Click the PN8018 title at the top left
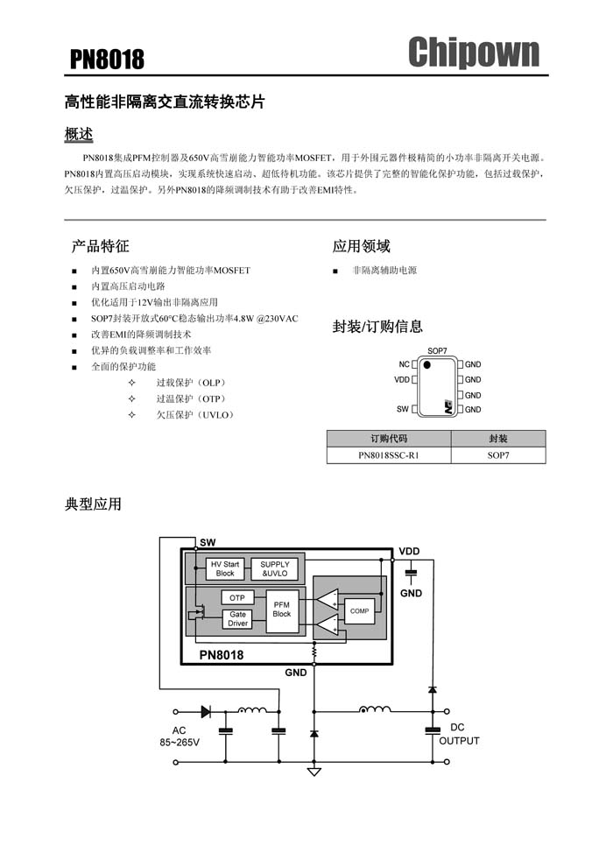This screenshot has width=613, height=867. pyautogui.click(x=107, y=60)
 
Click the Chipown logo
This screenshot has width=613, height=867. pyautogui.click(x=474, y=52)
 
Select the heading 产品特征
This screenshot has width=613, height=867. pyautogui.click(x=100, y=246)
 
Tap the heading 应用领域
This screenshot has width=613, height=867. pyautogui.click(x=362, y=246)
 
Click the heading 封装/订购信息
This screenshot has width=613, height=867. pyautogui.click(x=377, y=327)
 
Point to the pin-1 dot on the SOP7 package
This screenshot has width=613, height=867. pyautogui.click(x=426, y=365)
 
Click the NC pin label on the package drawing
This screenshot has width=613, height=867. pyautogui.click(x=404, y=364)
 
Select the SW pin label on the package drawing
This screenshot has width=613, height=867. pyautogui.click(x=403, y=409)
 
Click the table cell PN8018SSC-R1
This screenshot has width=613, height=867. pyautogui.click(x=389, y=455)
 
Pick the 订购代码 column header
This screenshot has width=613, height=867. pyautogui.click(x=389, y=439)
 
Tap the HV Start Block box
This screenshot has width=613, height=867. pyautogui.click(x=225, y=568)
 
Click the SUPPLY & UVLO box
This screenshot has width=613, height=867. pyautogui.click(x=275, y=568)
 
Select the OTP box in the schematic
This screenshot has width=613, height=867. pyautogui.click(x=237, y=598)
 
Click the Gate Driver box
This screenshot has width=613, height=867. pyautogui.click(x=237, y=618)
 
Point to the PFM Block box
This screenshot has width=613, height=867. pyautogui.click(x=282, y=610)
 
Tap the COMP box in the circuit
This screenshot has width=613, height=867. pyautogui.click(x=359, y=611)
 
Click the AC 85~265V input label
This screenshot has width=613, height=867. pyautogui.click(x=180, y=737)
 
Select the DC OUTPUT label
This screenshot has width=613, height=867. pyautogui.click(x=459, y=734)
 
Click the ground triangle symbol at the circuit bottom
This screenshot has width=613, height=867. pyautogui.click(x=314, y=772)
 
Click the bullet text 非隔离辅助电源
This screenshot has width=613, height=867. pyautogui.click(x=384, y=271)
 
